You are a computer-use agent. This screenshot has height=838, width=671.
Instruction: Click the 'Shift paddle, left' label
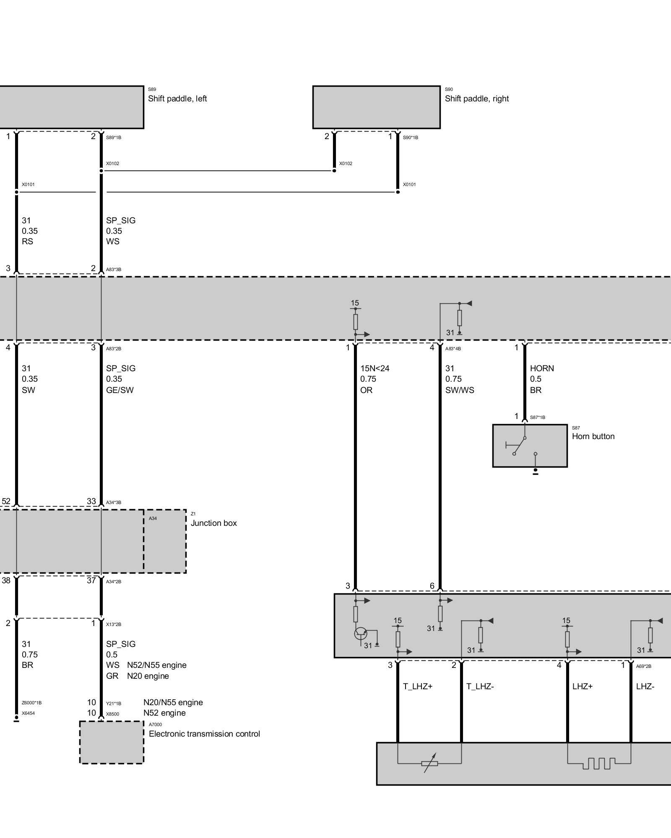tap(177, 98)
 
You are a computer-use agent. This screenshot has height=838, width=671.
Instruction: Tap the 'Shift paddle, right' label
tap(476, 98)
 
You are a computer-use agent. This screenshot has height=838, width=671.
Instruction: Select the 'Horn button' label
tap(593, 436)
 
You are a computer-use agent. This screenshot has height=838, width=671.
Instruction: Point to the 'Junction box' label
tap(213, 523)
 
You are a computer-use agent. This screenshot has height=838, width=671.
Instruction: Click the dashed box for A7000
tap(112, 742)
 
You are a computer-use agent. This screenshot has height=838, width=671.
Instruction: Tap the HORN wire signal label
tap(542, 368)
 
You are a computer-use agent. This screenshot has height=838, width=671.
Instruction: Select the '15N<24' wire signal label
tap(375, 368)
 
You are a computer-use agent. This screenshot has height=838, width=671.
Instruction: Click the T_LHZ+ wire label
tap(418, 686)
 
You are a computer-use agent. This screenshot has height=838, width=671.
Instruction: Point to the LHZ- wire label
tap(645, 686)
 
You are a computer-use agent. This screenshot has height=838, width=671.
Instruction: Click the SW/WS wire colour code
tap(460, 390)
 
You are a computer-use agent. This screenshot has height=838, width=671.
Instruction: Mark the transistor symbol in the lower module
tap(360, 634)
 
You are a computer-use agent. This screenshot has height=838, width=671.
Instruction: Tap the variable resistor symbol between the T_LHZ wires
tap(429, 763)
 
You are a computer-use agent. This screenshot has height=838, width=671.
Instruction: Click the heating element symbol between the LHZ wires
tap(599, 763)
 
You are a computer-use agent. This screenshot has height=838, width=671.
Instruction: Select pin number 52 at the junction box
tap(6, 501)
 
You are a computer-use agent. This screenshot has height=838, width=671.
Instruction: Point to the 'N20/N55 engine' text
tap(173, 702)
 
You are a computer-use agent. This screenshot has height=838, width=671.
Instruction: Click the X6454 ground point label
tap(28, 713)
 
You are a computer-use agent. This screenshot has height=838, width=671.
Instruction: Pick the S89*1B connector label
tap(114, 137)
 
